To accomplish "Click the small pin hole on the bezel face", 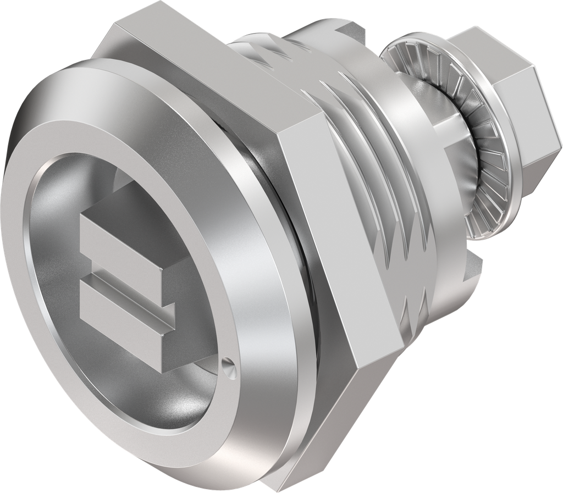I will coord(229,363).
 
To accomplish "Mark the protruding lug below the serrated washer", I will coord(473,269).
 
